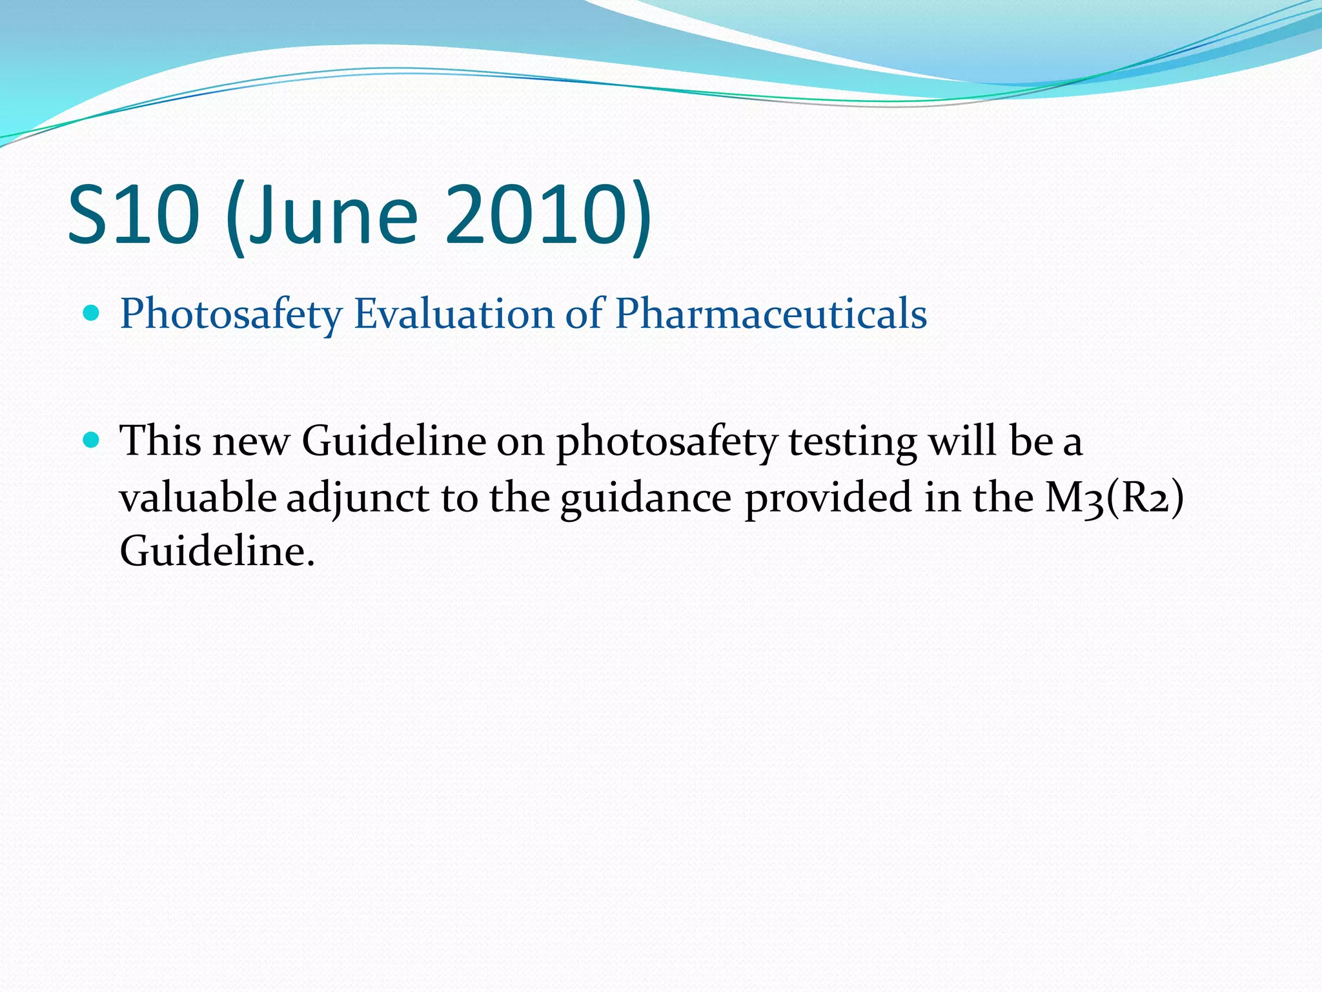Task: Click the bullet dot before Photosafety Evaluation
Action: click(x=92, y=314)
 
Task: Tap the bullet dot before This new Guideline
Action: click(x=92, y=441)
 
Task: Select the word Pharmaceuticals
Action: click(x=771, y=314)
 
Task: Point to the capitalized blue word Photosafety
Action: click(x=231, y=315)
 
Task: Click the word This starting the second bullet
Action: click(x=160, y=441)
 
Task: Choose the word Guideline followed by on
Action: click(x=394, y=441)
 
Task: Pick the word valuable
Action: click(x=198, y=497)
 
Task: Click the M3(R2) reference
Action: click(x=1114, y=498)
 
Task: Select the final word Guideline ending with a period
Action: click(x=217, y=552)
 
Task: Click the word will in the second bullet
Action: click(x=961, y=441)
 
